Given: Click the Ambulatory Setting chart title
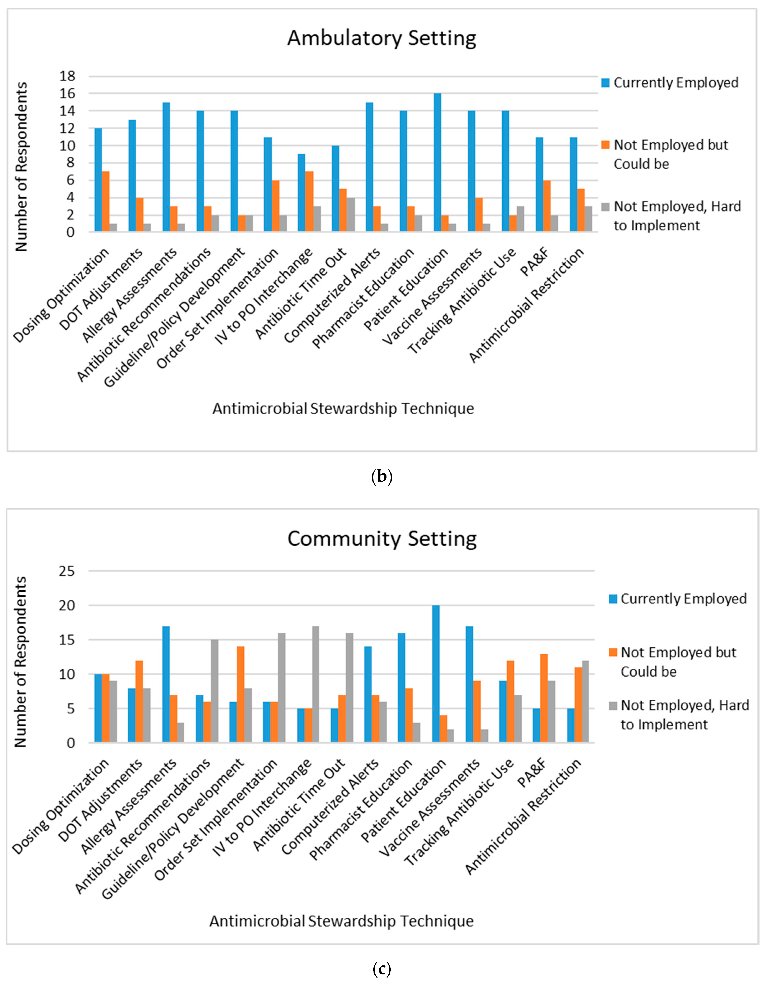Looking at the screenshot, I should click(382, 38).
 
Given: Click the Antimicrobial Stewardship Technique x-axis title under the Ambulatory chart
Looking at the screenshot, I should click(343, 409).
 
